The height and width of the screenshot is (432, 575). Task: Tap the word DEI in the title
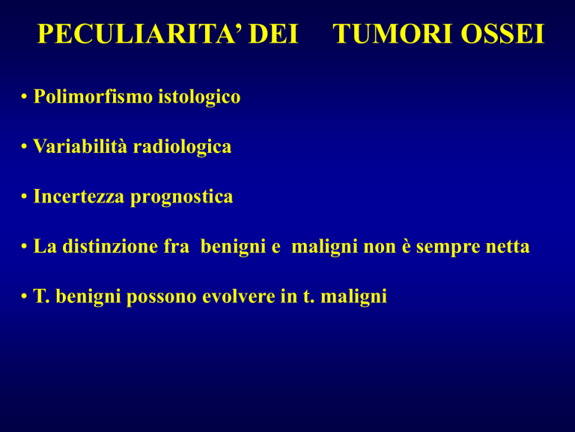pos(273,34)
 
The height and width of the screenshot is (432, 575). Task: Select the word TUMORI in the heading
pos(394,34)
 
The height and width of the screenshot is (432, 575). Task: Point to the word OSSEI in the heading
pos(502,34)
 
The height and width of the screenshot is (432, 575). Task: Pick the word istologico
pos(199,97)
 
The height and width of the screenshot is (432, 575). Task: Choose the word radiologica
pos(182,147)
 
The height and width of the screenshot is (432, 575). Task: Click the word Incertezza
pos(79,196)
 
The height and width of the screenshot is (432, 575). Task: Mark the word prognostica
pos(182,197)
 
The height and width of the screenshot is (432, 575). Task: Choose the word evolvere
pos(239,296)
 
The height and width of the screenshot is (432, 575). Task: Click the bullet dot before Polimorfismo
pos(24,97)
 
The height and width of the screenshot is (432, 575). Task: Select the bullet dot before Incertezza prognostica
pos(24,197)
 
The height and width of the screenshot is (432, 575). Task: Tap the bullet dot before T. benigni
pos(24,297)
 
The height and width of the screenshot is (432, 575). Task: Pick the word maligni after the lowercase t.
pos(354,297)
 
